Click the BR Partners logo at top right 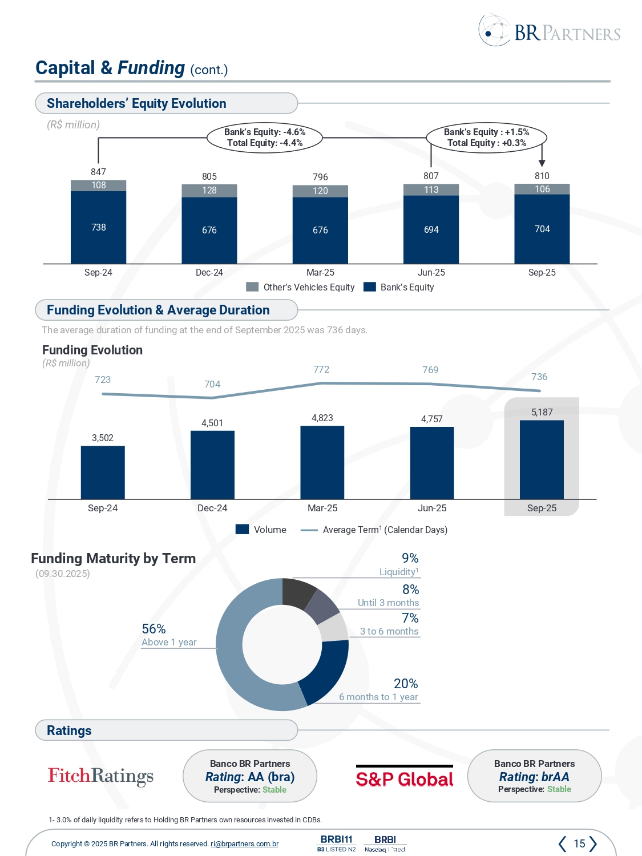point(549,31)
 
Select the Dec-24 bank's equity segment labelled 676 point(209,230)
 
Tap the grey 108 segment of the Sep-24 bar point(99,185)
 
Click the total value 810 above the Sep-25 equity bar point(542,176)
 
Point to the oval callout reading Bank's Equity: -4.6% point(265,138)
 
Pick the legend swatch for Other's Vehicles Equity point(252,287)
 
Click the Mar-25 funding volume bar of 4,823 point(322,462)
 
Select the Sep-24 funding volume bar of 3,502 point(103,473)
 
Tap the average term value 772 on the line point(321,369)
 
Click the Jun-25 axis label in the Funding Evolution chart point(432,508)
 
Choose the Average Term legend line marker point(309,530)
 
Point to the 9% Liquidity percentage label point(410,558)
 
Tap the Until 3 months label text point(388,603)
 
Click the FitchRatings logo point(100,776)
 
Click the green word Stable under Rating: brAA point(559,789)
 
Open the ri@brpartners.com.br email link point(244,844)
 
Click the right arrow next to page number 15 point(593,843)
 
